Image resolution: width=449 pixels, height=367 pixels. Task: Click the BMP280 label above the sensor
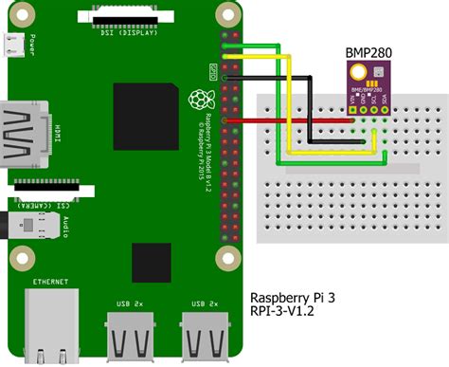pyautogui.click(x=364, y=54)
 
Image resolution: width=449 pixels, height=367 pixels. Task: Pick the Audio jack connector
pyautogui.click(x=23, y=226)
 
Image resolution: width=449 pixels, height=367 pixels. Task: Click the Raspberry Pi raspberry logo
pyautogui.click(x=199, y=97)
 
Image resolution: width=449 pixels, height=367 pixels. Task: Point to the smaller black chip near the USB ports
pyautogui.click(x=152, y=263)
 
